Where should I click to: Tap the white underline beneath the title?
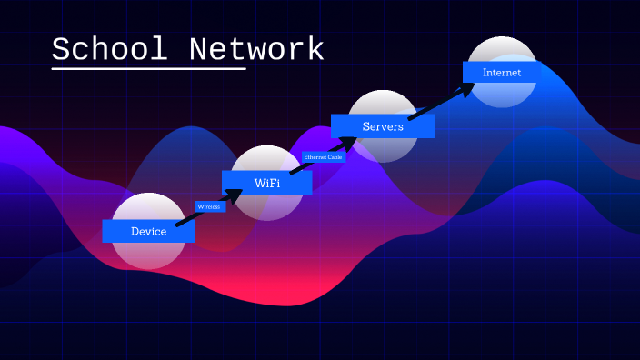click(x=148, y=68)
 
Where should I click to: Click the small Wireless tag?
click(x=209, y=206)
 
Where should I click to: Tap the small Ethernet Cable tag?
click(x=324, y=157)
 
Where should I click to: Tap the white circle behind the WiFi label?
click(x=266, y=207)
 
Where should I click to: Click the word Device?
click(x=148, y=232)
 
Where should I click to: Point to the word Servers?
click(x=383, y=126)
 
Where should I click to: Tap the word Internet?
click(x=502, y=72)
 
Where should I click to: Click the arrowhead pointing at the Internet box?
click(x=467, y=89)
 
